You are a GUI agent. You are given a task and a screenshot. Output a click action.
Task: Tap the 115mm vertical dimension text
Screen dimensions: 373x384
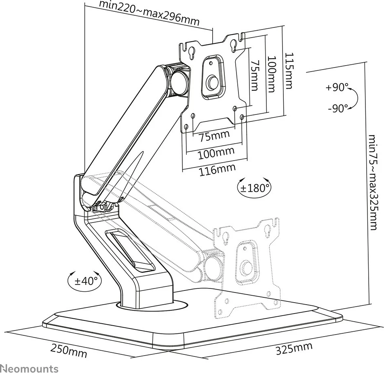[289, 71]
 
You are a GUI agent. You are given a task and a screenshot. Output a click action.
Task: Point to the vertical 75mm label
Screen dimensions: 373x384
[253, 76]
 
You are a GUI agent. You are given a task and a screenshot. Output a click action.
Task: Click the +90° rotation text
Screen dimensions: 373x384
[338, 87]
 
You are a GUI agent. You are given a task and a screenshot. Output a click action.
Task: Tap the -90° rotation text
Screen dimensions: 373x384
[338, 108]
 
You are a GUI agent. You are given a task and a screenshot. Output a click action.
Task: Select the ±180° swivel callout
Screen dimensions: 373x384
[254, 188]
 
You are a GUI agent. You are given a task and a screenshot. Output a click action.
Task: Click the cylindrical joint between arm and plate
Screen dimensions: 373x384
[179, 80]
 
